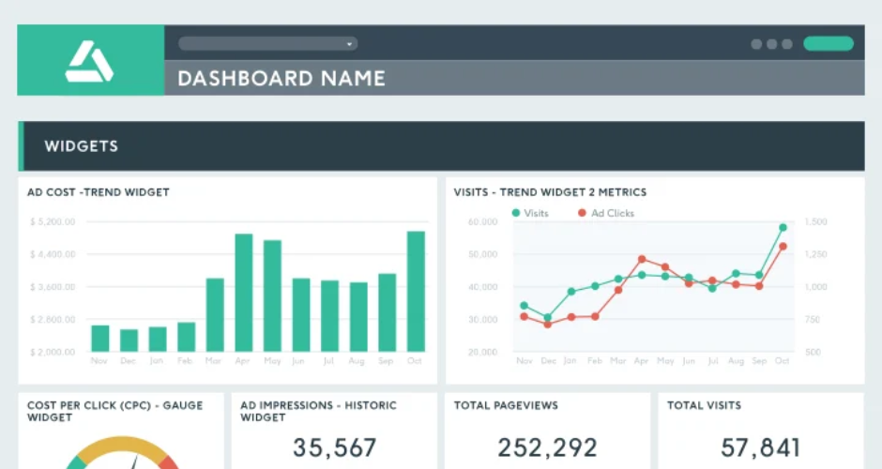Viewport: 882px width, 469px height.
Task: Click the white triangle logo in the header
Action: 89,63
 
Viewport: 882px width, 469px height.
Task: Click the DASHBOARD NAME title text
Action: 281,78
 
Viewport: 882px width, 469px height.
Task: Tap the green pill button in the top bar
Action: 828,43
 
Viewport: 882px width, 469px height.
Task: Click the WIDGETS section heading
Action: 82,146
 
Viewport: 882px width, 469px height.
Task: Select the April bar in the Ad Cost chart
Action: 244,293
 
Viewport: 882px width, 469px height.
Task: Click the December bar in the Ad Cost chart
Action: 129,340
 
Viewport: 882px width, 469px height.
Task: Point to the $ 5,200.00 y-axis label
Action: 53,222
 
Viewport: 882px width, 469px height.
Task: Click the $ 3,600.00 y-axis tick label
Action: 53,287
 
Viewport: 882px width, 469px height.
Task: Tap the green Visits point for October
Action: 783,227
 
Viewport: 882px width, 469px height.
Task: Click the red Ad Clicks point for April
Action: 642,259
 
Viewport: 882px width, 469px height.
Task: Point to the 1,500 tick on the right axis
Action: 816,222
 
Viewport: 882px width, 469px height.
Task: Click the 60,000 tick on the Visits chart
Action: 481,222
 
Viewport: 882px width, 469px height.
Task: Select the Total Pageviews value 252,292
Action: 547,447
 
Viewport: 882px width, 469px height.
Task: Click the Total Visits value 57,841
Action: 760,447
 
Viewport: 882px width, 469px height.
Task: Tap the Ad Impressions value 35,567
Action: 335,447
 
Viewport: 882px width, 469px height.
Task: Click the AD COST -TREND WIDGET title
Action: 99,192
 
